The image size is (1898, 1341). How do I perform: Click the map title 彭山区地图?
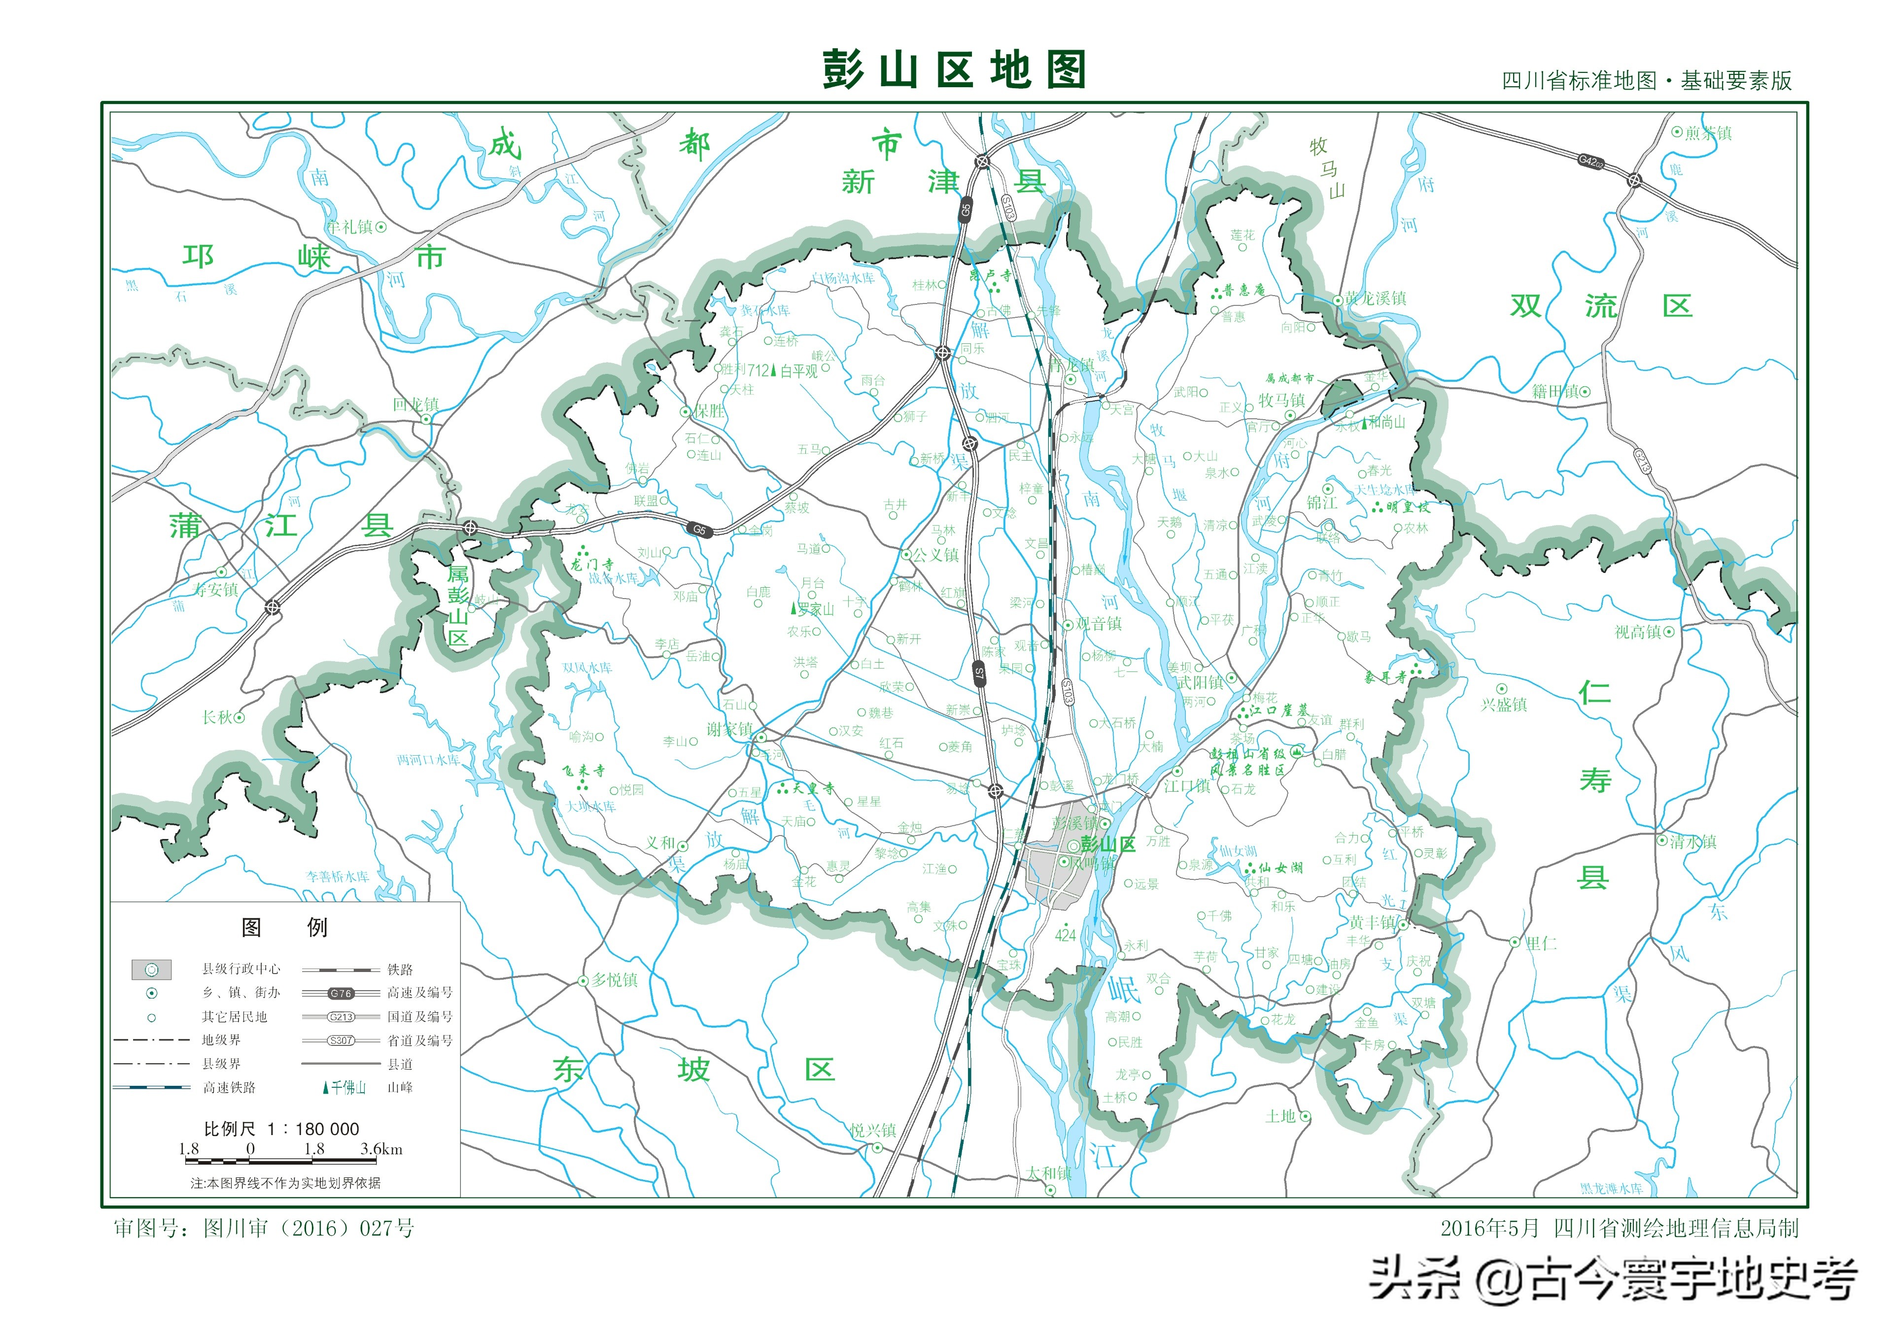click(953, 69)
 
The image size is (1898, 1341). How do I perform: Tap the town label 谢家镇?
click(729, 729)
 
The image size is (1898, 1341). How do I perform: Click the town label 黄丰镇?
click(1372, 922)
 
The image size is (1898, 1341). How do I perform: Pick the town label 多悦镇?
click(614, 980)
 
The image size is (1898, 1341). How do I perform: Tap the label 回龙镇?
click(416, 405)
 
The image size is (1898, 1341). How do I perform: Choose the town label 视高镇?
click(1638, 632)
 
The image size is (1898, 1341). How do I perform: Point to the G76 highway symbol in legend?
click(341, 993)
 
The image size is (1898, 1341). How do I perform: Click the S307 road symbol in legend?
click(341, 1041)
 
